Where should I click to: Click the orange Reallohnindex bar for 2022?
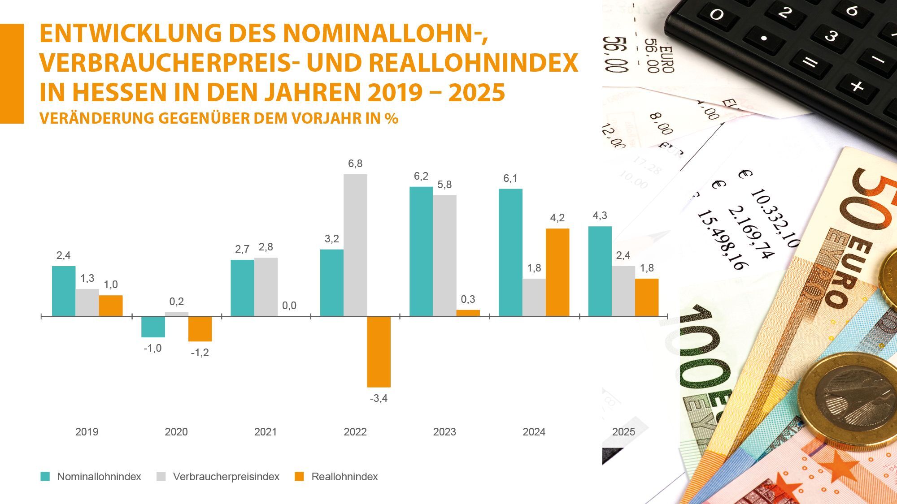point(379,352)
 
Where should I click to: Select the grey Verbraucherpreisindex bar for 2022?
point(355,245)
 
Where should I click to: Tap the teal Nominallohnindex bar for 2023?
point(421,251)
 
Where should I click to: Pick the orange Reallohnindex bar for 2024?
point(557,272)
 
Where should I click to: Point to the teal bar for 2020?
point(153,327)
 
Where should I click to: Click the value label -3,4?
point(379,398)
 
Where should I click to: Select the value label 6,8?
point(355,164)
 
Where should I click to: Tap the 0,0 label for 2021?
point(289,306)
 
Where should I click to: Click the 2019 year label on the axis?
point(87,432)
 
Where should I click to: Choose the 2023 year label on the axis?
point(444,432)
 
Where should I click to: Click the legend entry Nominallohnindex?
point(99,477)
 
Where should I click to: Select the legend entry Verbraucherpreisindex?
point(226,477)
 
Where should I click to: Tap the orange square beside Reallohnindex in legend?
point(299,477)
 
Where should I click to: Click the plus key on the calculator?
point(857,86)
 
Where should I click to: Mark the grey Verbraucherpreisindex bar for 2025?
point(623,291)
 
